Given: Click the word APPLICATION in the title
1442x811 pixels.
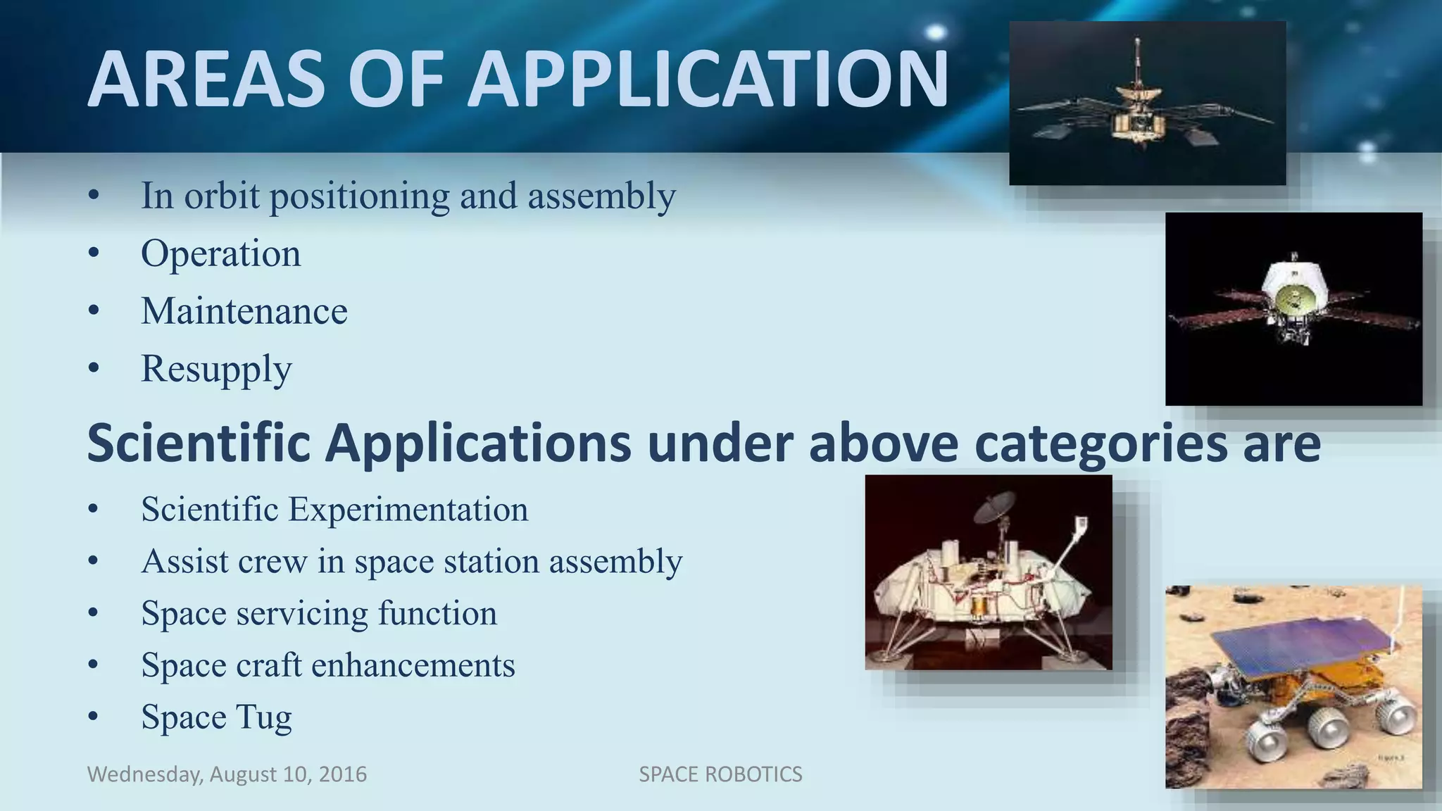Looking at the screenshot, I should [708, 79].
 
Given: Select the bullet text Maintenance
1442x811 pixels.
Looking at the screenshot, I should [244, 311].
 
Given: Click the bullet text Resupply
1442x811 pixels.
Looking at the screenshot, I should [216, 369].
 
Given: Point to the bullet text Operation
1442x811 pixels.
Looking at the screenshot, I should [220, 253].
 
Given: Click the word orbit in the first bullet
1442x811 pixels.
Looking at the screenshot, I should [221, 196].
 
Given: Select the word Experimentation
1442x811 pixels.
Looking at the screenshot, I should [408, 509].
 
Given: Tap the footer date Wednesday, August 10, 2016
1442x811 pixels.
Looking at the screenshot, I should [227, 774].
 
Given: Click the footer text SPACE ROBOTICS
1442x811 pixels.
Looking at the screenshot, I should [720, 774].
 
